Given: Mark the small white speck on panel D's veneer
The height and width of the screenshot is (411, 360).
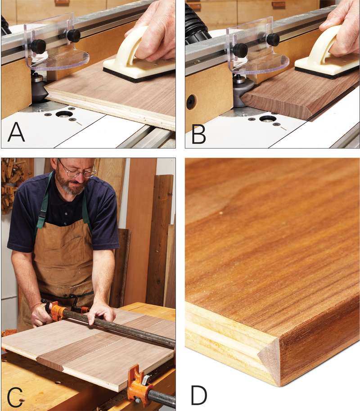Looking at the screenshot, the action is (x=221, y=213).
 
